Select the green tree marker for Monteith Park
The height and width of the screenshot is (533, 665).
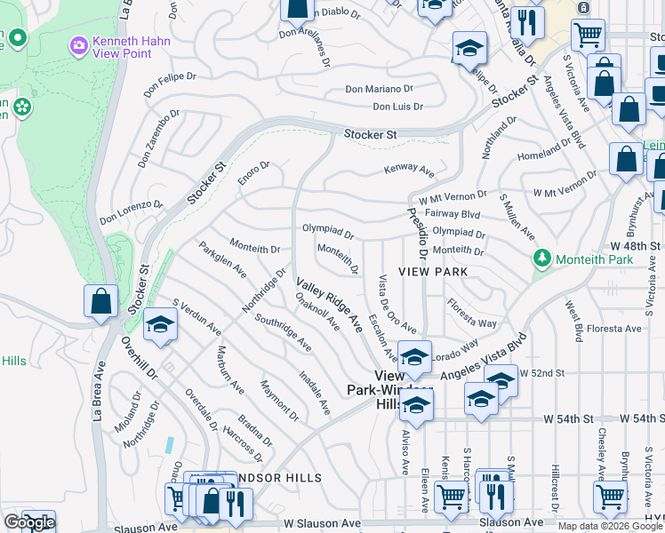pyautogui.click(x=540, y=259)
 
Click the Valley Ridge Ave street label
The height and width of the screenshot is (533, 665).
pyautogui.click(x=329, y=306)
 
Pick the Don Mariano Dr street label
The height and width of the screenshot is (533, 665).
pyautogui.click(x=380, y=89)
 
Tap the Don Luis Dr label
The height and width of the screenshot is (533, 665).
pyautogui.click(x=397, y=107)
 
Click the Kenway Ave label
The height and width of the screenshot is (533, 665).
pyautogui.click(x=409, y=169)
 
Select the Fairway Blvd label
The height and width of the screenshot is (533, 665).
pyautogui.click(x=453, y=214)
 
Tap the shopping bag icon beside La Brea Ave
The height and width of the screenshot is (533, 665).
pyautogui.click(x=100, y=301)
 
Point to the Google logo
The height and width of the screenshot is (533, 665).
pyautogui.click(x=29, y=522)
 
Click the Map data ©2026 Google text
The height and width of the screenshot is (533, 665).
pyautogui.click(x=610, y=526)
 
